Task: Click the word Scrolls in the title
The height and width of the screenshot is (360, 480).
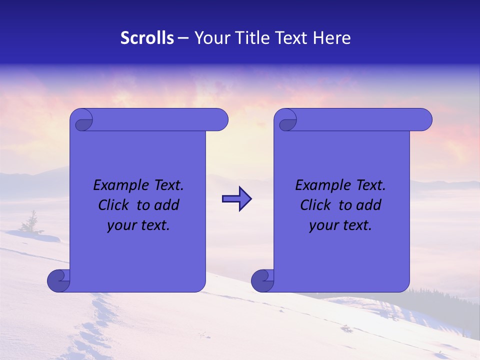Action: pos(147,38)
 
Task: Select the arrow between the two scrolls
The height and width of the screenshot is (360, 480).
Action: pos(236,199)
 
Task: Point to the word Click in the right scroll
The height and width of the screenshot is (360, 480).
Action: pos(316,205)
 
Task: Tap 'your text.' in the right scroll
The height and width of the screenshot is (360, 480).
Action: pos(340,225)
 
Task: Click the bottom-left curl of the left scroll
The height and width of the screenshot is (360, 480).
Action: pos(58,280)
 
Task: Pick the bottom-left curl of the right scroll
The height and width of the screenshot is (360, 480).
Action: pos(262,280)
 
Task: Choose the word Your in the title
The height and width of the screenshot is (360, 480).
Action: pos(210,38)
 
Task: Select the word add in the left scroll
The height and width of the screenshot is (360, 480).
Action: pos(166,205)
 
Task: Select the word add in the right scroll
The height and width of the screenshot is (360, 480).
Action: pos(368,205)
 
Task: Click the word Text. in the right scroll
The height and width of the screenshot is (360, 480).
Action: pos(371,185)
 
